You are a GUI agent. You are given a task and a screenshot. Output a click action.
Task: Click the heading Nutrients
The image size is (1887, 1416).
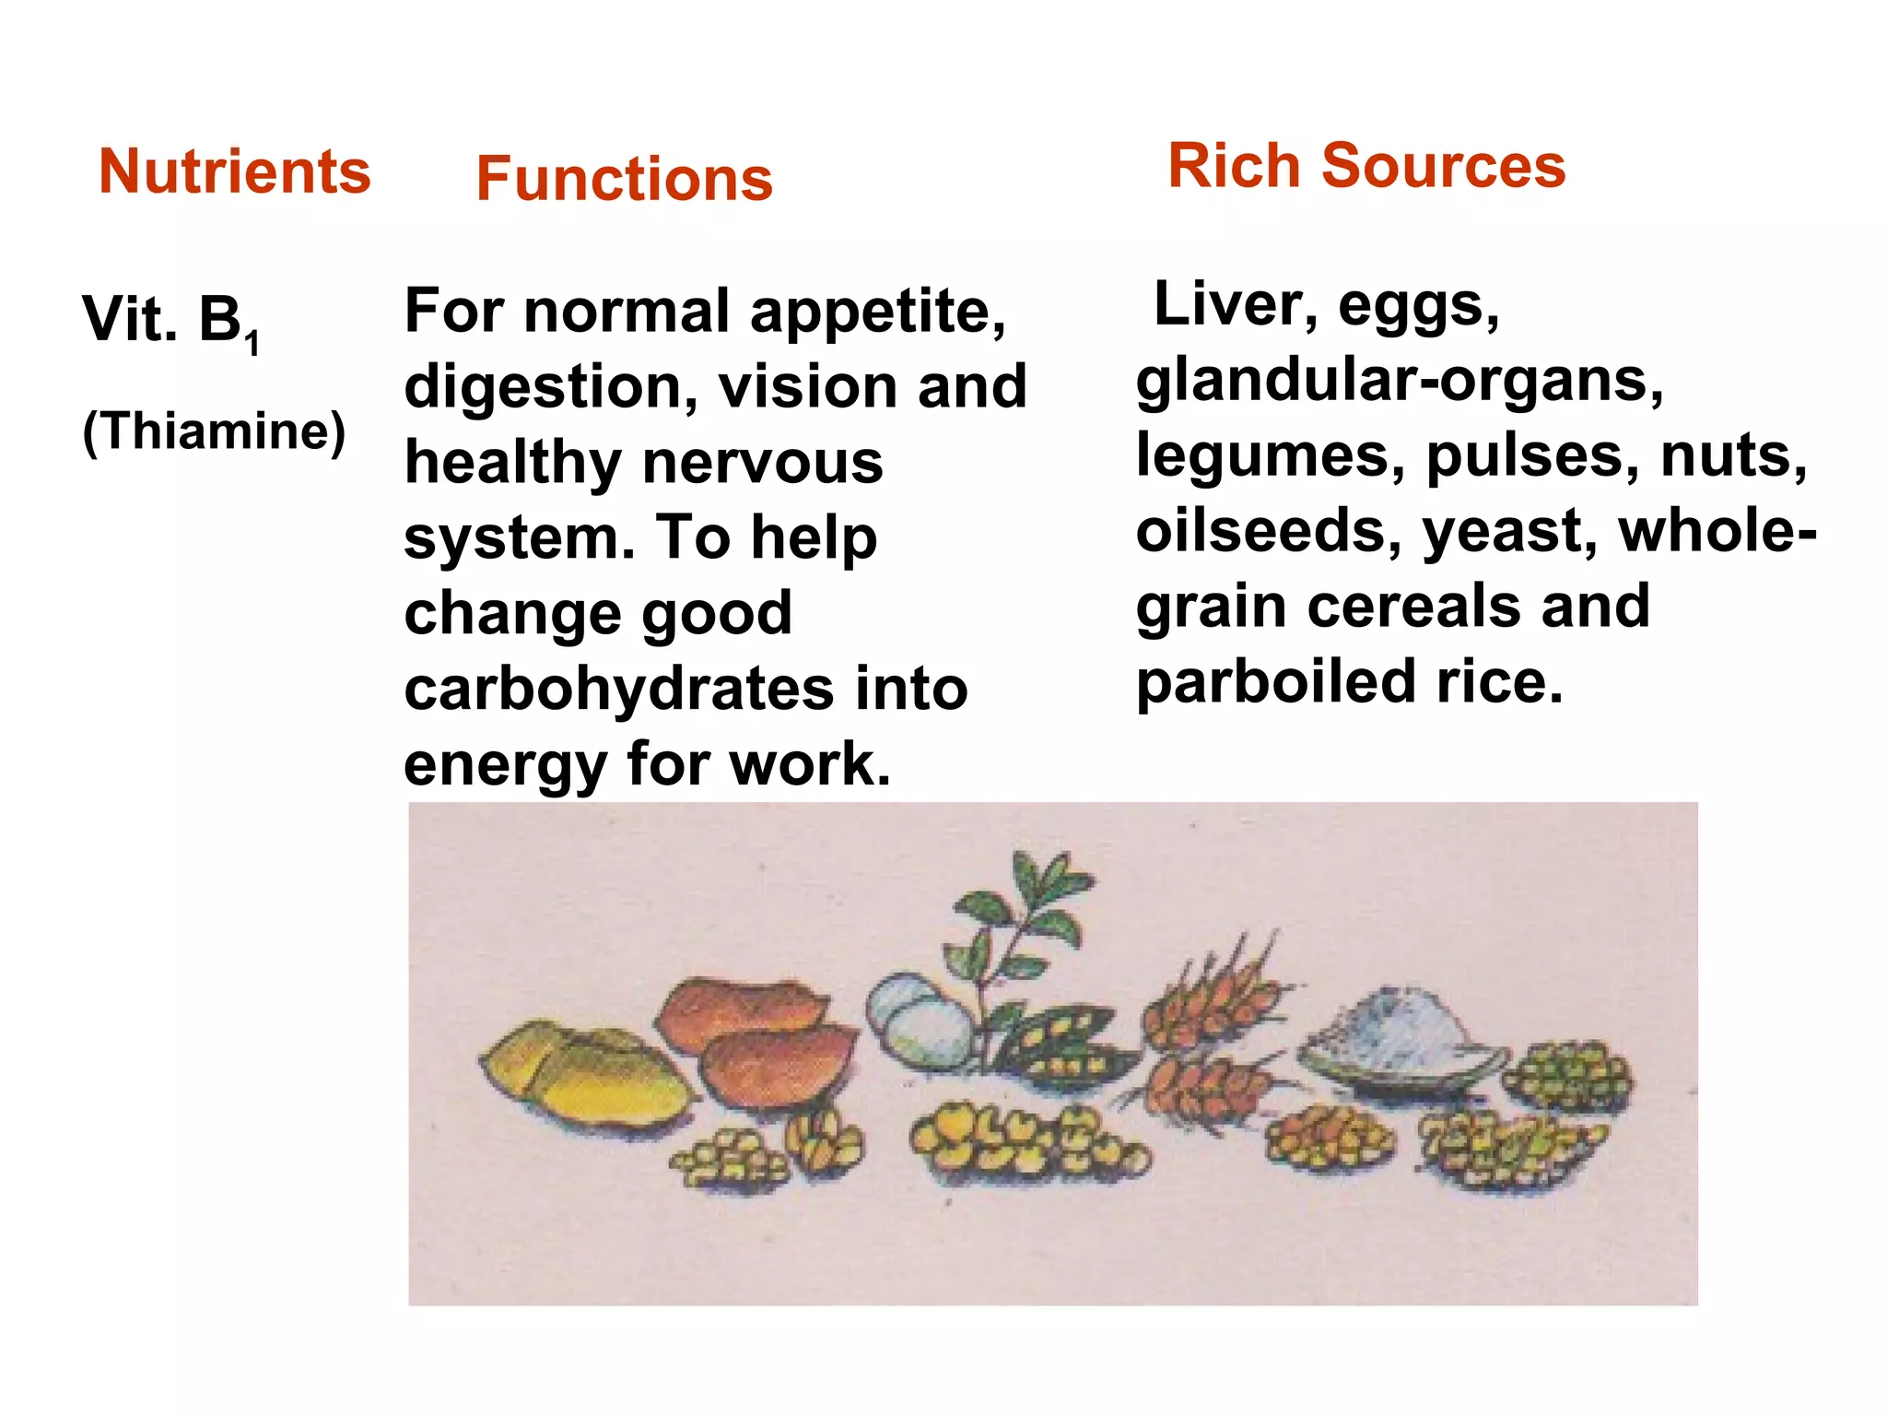click(234, 171)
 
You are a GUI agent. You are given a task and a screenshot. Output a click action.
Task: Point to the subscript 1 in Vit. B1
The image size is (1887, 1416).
click(252, 343)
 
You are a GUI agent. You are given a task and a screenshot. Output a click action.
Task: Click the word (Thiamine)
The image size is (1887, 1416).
click(214, 431)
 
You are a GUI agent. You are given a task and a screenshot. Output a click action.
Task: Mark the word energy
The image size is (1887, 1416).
click(506, 765)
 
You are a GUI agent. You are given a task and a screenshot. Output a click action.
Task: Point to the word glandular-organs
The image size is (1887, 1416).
click(1399, 380)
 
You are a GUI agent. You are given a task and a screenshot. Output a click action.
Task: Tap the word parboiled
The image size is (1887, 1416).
click(1275, 683)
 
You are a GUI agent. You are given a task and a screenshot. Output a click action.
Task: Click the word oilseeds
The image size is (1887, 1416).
click(1268, 532)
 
